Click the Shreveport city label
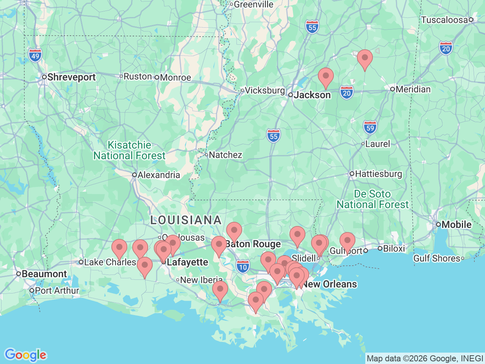[x=71, y=77]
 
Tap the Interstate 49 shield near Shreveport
[x=35, y=56]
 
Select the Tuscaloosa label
[x=444, y=20]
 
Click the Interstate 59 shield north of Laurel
[x=370, y=127]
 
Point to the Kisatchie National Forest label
[x=130, y=150]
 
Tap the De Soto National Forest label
[x=372, y=199]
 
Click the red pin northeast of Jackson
[x=325, y=77]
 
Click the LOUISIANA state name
[x=186, y=220]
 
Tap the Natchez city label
[x=225, y=155]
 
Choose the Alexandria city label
[x=158, y=175]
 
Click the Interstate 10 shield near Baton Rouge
[x=243, y=267]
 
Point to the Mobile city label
[x=456, y=224]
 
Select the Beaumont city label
[x=44, y=274]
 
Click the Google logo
[x=25, y=355]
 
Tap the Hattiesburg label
[x=378, y=174]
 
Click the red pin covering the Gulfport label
[x=347, y=241]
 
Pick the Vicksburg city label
[x=264, y=90]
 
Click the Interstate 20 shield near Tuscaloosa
[x=446, y=49]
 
